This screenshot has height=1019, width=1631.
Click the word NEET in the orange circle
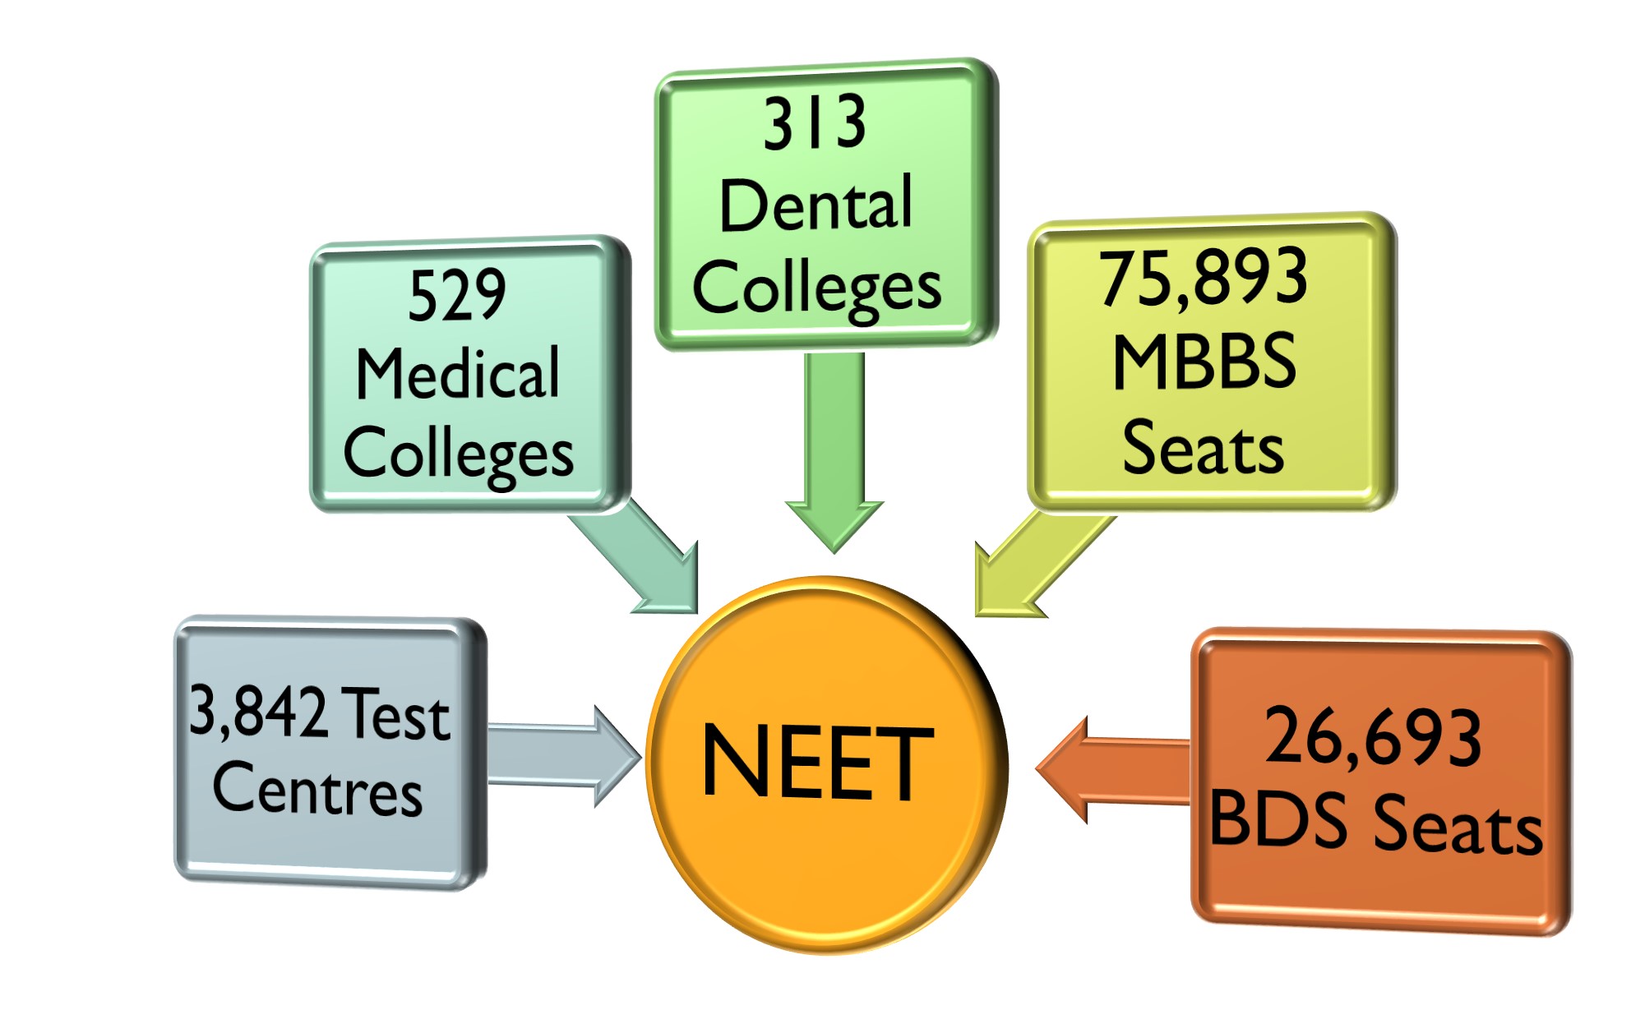tap(817, 762)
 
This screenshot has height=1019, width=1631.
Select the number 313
tap(815, 123)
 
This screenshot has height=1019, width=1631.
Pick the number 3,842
tap(257, 710)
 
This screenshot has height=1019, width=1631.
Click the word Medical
tap(458, 374)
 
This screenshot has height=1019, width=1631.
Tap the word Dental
tap(815, 204)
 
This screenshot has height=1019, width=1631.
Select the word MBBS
tap(1204, 362)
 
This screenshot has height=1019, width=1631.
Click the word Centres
tap(317, 789)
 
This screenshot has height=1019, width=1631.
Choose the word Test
tap(395, 713)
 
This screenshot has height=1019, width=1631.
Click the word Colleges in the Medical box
tap(458, 454)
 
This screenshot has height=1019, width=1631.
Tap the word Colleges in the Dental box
tap(816, 288)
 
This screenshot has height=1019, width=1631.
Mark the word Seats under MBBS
tap(1203, 448)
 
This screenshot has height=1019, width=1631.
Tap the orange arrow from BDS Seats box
tap(1110, 770)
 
